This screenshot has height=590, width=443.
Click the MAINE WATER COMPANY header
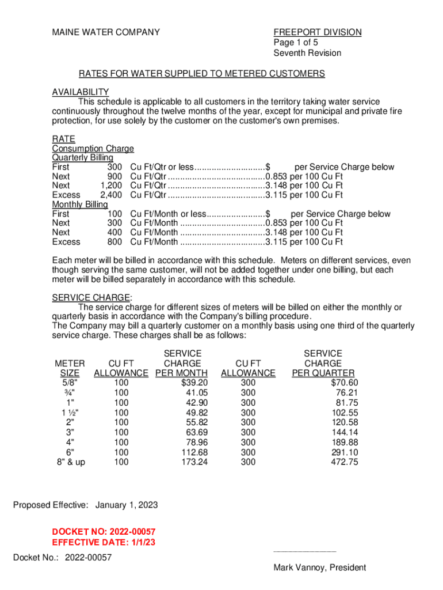click(106, 32)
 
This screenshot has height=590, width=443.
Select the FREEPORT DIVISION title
click(317, 32)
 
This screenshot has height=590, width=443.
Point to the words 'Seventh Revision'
click(307, 53)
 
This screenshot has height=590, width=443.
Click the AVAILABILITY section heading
click(81, 92)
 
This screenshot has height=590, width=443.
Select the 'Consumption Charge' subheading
click(93, 149)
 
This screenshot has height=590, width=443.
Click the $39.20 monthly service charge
click(194, 383)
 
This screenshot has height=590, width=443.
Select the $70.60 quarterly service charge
click(344, 383)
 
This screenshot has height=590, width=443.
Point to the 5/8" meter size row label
click(70, 383)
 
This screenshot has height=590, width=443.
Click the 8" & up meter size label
click(70, 462)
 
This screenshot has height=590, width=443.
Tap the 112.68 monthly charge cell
click(194, 452)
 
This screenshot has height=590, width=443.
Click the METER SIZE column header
click(70, 368)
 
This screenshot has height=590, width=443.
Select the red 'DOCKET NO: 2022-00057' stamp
click(104, 531)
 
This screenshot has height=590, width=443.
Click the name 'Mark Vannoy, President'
click(319, 568)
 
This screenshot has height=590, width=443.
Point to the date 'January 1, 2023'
click(126, 505)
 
